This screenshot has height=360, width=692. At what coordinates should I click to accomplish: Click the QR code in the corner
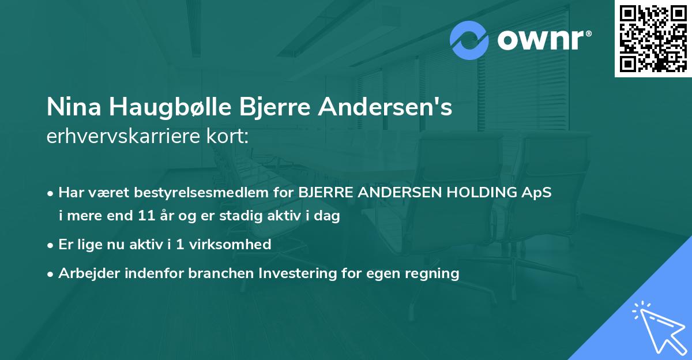click(x=653, y=39)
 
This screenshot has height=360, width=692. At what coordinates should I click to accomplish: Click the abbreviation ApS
click(x=537, y=193)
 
